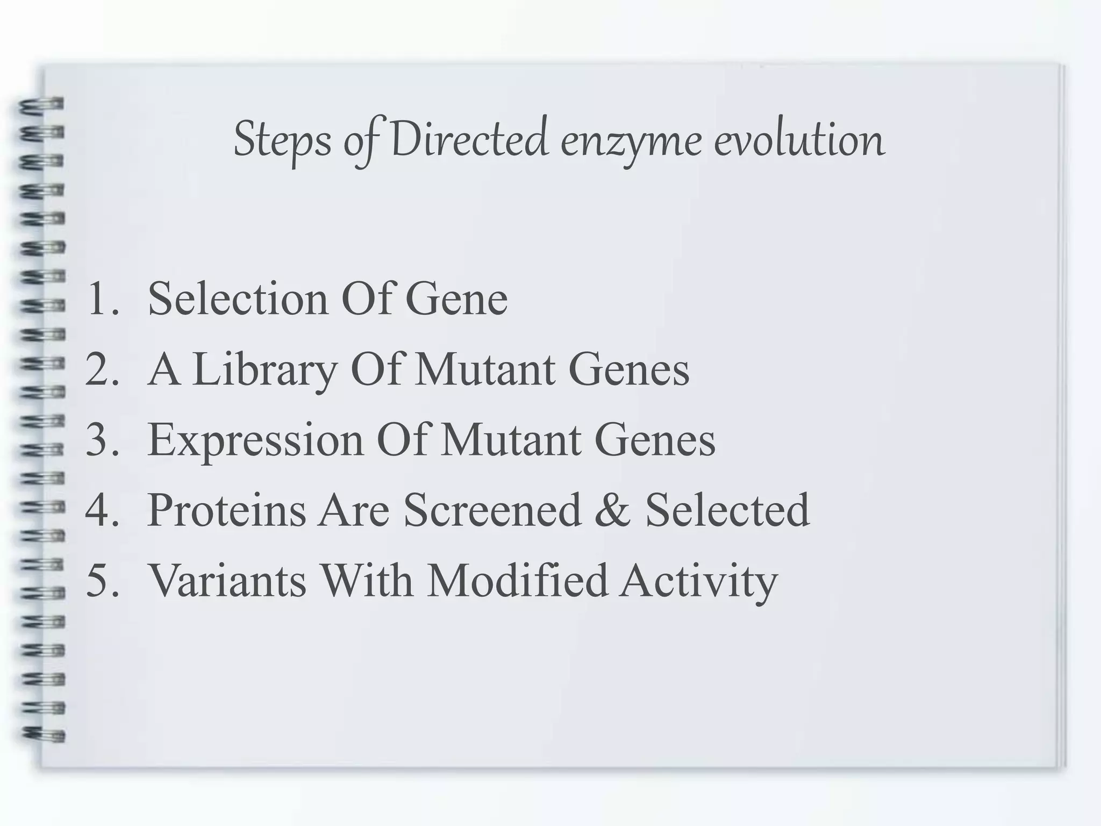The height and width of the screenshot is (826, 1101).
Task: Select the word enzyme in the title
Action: pyautogui.click(x=631, y=141)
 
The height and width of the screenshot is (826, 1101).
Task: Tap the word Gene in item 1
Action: pyautogui.click(x=456, y=299)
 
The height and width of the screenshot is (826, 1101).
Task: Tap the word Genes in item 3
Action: pyautogui.click(x=654, y=440)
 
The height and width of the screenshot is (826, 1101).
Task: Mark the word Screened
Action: pyautogui.click(x=492, y=510)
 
